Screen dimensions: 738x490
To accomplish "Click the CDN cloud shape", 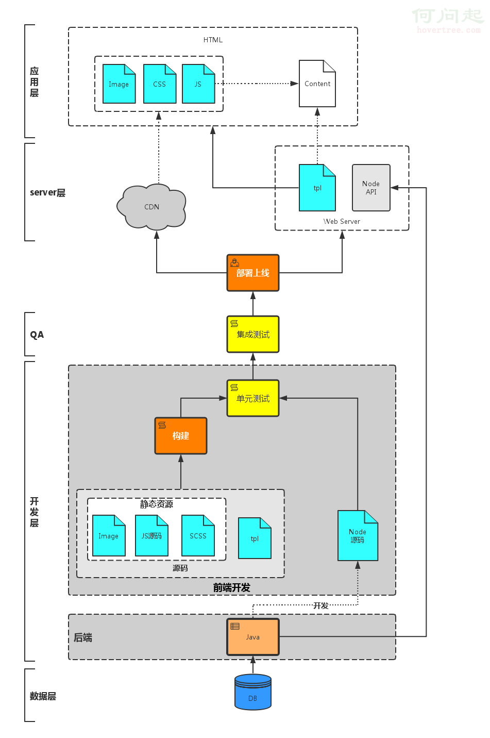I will pos(151,207).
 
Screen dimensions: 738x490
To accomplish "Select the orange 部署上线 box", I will pos(253,273).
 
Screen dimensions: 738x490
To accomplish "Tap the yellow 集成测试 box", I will pos(253,334).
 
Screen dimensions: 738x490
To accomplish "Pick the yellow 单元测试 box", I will pos(253,398).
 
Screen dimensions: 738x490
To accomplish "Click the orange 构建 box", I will pos(181,436).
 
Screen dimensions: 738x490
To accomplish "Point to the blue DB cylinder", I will pos(253,692).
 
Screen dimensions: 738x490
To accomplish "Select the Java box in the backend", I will pos(253,637).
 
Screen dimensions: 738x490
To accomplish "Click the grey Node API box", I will pos(371,188).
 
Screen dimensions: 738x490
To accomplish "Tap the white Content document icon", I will pos(317,84).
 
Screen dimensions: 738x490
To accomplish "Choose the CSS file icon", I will pos(160,84).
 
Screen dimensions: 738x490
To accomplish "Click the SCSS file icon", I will pos(198,536).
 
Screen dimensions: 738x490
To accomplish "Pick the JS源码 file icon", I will pos(151,536).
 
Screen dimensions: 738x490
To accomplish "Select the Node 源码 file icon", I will pos(358,536).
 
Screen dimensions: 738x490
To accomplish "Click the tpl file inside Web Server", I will pos(317,188).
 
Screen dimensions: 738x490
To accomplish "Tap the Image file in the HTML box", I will pos(119,84).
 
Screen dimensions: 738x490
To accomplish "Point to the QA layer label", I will pos(37,335).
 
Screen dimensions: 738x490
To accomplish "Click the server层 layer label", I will pos(47,192).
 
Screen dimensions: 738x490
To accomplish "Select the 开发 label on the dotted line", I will pos(321,605).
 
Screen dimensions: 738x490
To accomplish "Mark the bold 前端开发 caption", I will pos(232,587).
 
